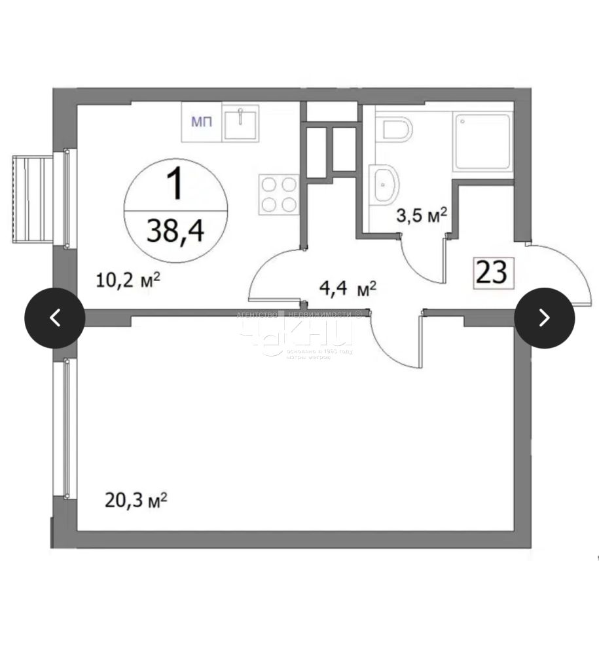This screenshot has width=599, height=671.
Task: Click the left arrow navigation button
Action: [x=55, y=318]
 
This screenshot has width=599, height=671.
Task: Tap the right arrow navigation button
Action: [x=544, y=318]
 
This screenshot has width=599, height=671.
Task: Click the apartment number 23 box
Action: [x=492, y=273]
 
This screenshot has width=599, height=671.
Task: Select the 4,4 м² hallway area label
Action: [x=348, y=288]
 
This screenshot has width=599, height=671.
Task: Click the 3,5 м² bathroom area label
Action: [x=422, y=215]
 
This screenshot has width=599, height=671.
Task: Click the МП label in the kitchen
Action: [x=201, y=122]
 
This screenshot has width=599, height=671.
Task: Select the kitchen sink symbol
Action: [x=241, y=123]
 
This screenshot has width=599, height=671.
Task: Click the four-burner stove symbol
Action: [x=278, y=193]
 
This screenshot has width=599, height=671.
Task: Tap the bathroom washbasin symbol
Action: [x=386, y=184]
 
